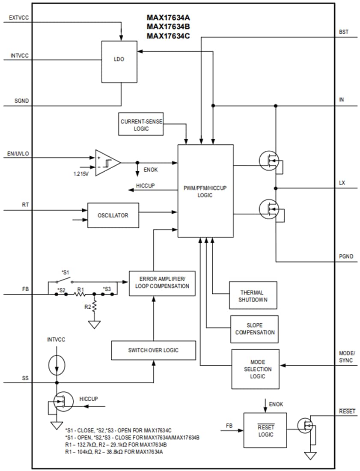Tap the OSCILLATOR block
point(113,215)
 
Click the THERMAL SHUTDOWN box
point(253,296)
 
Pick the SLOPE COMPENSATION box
point(254,329)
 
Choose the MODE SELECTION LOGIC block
point(257,369)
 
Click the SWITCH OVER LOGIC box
point(153,350)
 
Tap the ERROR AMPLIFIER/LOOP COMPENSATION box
point(162,283)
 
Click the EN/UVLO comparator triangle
point(106,163)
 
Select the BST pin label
point(343,32)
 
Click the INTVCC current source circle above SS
point(57,364)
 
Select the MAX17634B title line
point(168,27)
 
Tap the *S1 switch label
point(65,272)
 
